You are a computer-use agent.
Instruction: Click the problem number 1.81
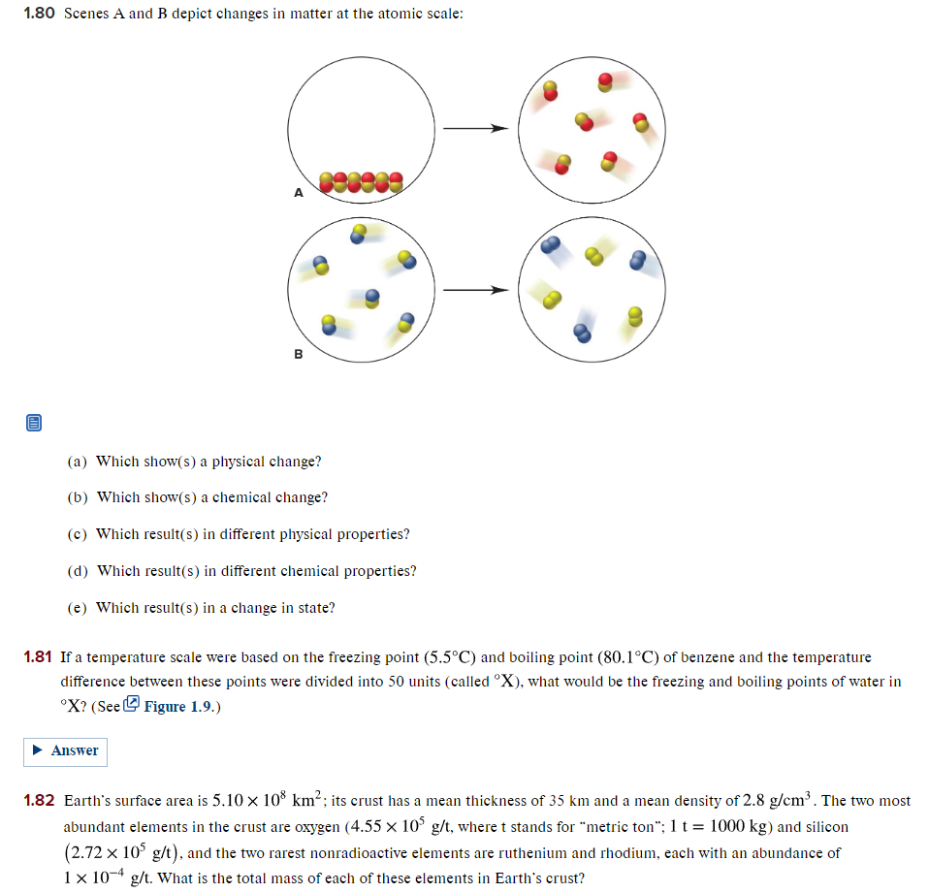(x=38, y=657)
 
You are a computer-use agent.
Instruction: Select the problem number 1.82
(x=38, y=801)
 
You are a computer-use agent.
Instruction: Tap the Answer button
(x=65, y=750)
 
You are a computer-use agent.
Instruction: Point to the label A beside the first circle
(x=299, y=193)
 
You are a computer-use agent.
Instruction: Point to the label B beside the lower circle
(x=299, y=354)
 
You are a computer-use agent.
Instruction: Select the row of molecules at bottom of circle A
(x=360, y=181)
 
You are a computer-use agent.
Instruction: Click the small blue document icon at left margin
(x=34, y=423)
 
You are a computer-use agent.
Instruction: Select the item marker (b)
(x=78, y=497)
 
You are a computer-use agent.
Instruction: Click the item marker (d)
(x=78, y=571)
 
